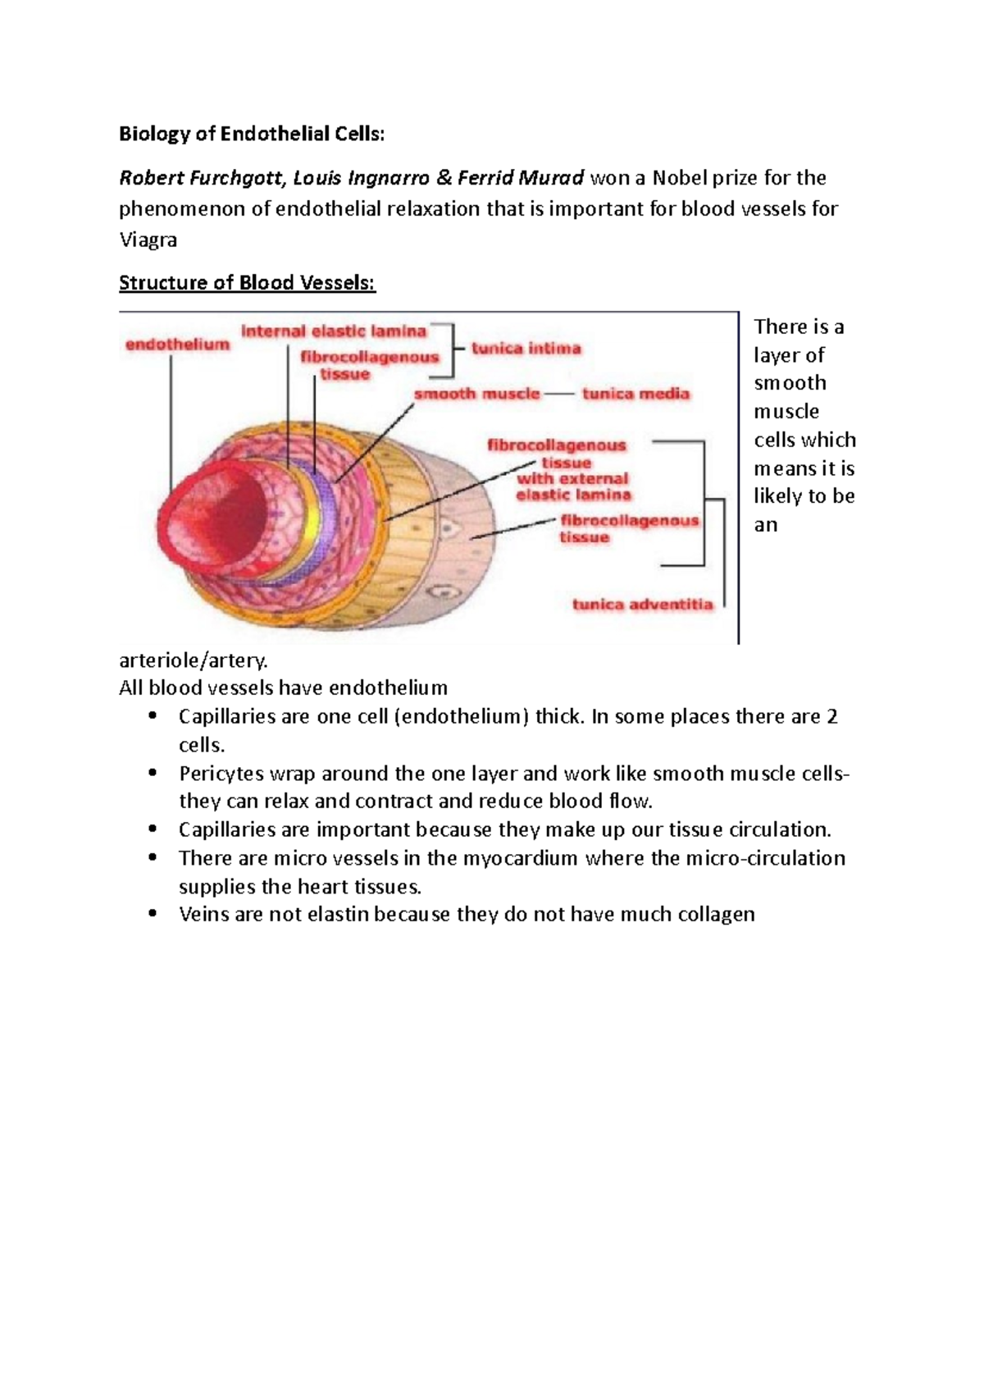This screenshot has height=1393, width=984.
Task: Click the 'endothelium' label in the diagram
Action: click(177, 345)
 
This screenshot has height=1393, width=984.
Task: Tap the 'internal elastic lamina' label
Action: click(334, 331)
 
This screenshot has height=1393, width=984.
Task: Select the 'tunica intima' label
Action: click(526, 349)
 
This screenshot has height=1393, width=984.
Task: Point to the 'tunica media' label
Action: click(635, 394)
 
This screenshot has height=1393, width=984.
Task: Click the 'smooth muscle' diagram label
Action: click(476, 394)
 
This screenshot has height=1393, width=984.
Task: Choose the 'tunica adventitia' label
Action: click(642, 605)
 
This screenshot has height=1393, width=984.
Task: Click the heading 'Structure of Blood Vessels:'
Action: click(247, 283)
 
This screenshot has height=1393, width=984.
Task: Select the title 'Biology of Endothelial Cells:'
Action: click(251, 134)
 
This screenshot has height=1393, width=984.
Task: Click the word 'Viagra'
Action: click(148, 240)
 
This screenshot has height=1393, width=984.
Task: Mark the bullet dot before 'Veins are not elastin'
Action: click(152, 914)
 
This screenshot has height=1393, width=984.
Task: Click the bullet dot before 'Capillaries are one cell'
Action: click(152, 716)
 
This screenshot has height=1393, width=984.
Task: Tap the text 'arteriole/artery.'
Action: click(194, 660)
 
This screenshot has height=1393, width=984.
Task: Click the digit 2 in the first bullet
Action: click(832, 716)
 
